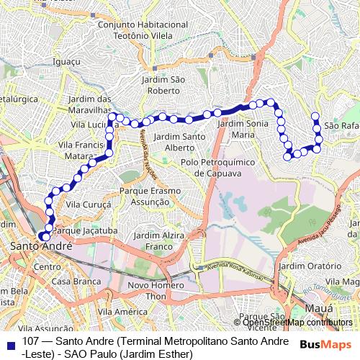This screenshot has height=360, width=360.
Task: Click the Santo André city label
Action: coord(42,247)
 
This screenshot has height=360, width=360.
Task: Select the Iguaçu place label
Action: coord(67,62)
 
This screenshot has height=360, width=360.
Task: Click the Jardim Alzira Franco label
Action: coord(159,240)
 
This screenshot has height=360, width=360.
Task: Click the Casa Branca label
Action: coord(71,280)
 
